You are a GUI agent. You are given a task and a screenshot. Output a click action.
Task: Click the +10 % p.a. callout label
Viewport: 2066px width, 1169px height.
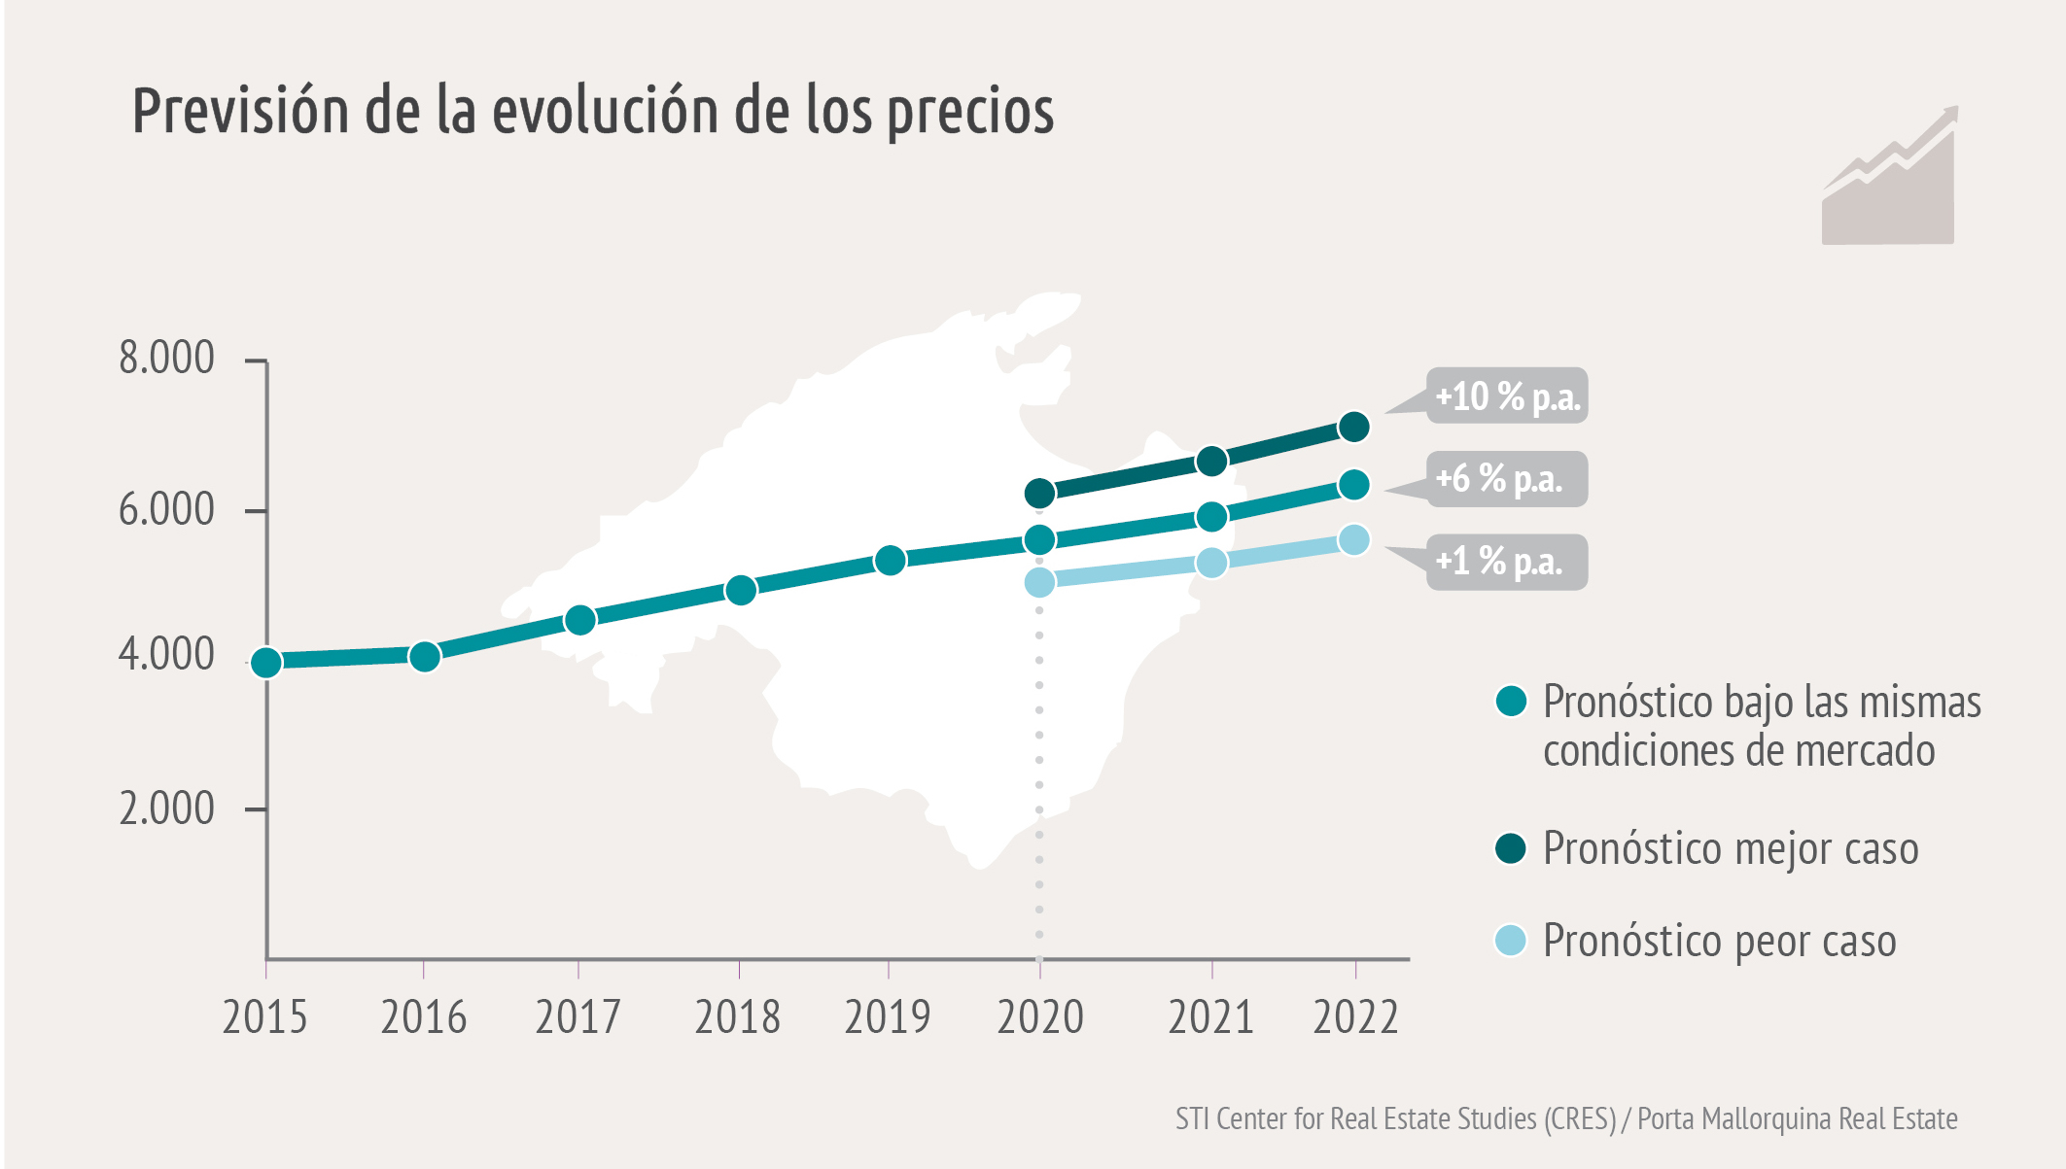1506,395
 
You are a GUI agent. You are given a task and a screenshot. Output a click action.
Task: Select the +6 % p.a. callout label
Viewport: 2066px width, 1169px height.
1506,479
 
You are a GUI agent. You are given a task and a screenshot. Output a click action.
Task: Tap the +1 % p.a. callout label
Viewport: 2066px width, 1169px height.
1506,562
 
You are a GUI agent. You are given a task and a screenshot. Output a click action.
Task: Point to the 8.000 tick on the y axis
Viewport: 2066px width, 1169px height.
166,359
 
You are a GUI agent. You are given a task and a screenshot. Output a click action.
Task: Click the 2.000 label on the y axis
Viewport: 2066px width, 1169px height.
166,808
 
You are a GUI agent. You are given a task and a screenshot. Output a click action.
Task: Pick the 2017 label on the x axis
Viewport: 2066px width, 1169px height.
578,1017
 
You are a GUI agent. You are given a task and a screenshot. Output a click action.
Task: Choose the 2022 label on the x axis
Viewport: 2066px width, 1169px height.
1355,1017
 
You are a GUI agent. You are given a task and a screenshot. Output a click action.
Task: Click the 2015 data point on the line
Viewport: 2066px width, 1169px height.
266,663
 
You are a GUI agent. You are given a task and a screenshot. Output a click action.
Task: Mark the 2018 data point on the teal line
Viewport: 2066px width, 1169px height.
741,590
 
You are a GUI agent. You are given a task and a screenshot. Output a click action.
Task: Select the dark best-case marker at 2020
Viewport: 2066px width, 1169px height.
1039,494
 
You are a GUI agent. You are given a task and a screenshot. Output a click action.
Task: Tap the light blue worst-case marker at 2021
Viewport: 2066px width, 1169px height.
1211,563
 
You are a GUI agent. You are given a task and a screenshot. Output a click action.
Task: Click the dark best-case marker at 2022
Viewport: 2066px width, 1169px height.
1354,427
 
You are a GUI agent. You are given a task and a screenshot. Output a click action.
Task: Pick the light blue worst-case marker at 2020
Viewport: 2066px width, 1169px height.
1039,582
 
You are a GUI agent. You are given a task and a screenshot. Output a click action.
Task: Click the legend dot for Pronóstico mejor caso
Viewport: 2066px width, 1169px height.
1510,848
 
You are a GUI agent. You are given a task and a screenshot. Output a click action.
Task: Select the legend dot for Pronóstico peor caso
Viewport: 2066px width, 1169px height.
1510,941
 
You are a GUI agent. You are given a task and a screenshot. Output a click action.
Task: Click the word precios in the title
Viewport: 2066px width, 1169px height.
971,111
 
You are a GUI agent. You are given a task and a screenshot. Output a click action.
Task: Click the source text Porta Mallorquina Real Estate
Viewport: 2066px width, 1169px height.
1797,1119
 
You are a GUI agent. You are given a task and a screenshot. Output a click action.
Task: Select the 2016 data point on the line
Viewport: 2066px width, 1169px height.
425,657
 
